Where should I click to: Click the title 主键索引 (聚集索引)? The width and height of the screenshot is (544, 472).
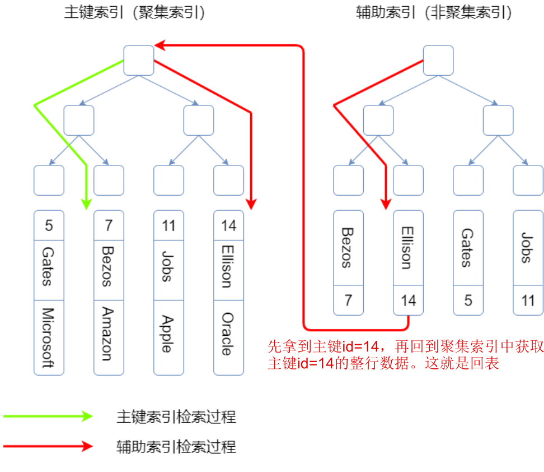[134, 13]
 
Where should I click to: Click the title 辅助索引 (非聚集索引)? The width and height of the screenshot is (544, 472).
[434, 13]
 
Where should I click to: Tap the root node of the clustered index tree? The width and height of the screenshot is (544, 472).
[138, 60]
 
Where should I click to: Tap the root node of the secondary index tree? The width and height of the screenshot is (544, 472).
[438, 60]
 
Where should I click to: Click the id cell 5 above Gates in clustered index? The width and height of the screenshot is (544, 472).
[49, 225]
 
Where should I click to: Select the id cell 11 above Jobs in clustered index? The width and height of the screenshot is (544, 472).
[168, 225]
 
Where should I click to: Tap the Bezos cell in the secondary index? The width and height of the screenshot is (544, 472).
[348, 248]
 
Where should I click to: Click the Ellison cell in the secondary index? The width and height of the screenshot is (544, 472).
[408, 248]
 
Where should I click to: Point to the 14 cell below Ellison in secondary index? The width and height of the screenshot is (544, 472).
[408, 300]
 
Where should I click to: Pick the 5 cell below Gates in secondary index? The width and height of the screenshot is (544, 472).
[468, 300]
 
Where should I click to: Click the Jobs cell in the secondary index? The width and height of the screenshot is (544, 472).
[528, 248]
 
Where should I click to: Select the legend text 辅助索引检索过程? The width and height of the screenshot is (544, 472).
[176, 447]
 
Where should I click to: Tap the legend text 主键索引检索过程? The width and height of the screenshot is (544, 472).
[176, 417]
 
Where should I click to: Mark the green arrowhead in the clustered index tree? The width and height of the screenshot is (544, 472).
[86, 203]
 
